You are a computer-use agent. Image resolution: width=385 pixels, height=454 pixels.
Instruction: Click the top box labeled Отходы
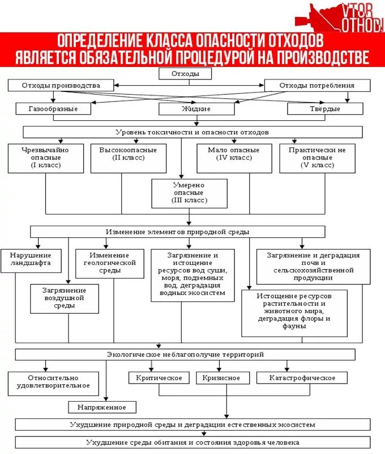pos(177,73)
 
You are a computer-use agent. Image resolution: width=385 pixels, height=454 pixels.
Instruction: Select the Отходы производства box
pos(61,86)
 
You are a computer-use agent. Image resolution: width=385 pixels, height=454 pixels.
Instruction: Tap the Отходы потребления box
pos(317,86)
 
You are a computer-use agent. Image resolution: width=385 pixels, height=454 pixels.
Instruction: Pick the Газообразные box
pos(54,108)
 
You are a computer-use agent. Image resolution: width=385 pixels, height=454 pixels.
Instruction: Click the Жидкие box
pos(196,108)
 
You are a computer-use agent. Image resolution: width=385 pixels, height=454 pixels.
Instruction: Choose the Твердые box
pos(325,108)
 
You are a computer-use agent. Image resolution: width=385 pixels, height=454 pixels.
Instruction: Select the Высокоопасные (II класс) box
pos(128,158)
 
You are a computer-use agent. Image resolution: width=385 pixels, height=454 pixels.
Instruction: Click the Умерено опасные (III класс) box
pos(189,193)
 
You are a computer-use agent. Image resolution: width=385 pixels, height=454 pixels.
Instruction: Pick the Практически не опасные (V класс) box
pos(318,158)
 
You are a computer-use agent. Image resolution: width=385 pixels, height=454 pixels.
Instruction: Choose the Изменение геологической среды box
pos(109,263)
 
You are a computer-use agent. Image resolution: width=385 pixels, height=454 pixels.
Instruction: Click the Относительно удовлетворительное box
pos(53,382)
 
